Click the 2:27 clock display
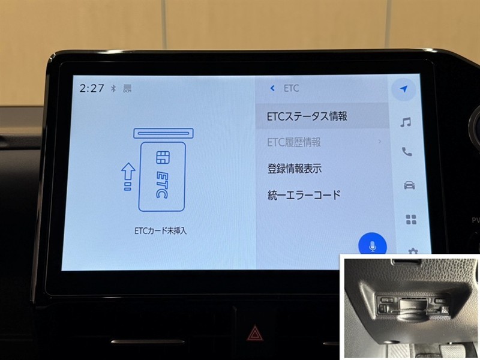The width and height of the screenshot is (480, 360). click(92, 88)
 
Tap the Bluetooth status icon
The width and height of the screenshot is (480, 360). click(113, 88)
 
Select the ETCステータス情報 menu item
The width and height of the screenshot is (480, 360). click(307, 116)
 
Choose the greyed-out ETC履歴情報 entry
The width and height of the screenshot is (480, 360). click(294, 142)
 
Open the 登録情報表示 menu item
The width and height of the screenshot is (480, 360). click(295, 169)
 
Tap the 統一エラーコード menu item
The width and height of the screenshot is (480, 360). click(304, 195)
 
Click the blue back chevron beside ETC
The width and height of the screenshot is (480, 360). click(272, 88)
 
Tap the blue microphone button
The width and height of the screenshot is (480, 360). click(373, 245)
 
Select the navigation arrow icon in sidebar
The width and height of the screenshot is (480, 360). click(404, 89)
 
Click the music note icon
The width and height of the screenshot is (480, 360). click(406, 122)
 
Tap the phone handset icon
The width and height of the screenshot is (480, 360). click(407, 152)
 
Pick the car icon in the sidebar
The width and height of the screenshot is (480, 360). click(409, 185)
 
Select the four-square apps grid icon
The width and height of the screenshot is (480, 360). click(411, 220)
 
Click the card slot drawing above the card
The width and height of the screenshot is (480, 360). click(163, 133)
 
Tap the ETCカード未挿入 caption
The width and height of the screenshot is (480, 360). click(160, 230)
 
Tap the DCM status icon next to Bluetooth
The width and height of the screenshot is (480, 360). click(127, 88)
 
